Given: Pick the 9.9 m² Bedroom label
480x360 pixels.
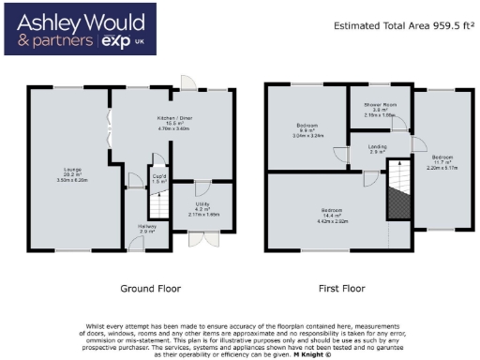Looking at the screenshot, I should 306,129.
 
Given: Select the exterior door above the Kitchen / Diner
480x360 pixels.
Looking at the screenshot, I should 188,83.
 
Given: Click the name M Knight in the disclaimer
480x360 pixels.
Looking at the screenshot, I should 312,354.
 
